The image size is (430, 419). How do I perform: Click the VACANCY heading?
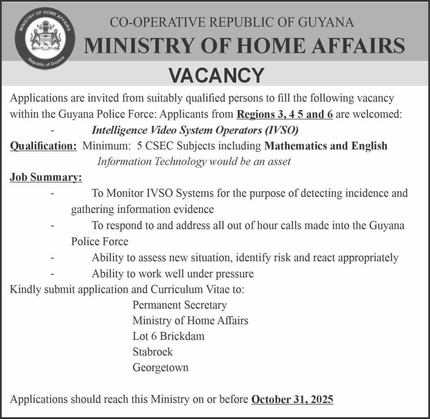tap(216, 76)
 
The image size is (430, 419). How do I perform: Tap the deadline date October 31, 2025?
tap(292, 399)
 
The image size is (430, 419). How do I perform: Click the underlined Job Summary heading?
tap(46, 178)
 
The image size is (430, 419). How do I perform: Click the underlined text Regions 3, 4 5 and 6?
tap(285, 114)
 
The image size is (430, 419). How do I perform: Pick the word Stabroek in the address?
tap(152, 352)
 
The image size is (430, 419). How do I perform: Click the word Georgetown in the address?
tap(160, 367)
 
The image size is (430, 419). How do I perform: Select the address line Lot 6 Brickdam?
tap(168, 336)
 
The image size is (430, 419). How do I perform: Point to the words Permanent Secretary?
tap(179, 305)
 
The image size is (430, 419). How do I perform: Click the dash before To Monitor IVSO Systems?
tap(52, 194)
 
